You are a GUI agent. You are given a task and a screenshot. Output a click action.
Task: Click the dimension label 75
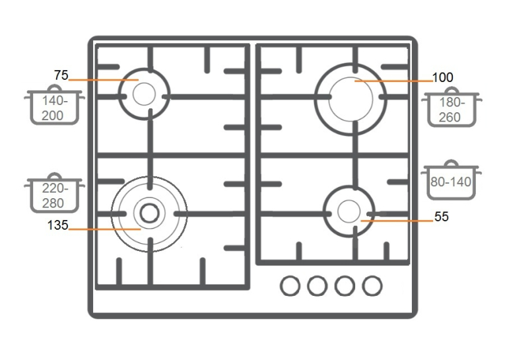pos(61,75)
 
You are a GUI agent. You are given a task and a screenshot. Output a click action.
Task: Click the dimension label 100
pos(442,78)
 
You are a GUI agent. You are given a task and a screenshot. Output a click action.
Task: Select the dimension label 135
pos(57,225)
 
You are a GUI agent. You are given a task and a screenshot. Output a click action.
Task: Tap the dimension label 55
pos(441,217)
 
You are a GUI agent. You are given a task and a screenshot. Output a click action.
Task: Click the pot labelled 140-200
pos(54,105)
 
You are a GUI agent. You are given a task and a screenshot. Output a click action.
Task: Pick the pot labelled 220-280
pos(54,193)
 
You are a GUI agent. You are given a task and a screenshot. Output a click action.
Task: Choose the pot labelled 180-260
pos(452,106)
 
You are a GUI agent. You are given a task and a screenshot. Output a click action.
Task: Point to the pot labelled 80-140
pos(452,180)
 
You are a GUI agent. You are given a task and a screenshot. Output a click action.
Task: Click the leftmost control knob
pos(290,285)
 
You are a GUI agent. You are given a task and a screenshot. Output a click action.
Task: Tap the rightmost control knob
pos(372,285)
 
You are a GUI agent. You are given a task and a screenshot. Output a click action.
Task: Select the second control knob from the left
pos(318,285)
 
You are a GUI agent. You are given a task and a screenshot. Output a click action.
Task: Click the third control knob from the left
pos(345,285)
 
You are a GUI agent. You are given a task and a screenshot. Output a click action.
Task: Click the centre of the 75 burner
pos(144,94)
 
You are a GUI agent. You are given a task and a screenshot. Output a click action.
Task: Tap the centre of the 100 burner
pos(351,99)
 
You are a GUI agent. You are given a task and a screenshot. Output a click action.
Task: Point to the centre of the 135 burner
pos(149,213)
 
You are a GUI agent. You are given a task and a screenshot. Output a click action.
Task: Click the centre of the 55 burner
pos(349,211)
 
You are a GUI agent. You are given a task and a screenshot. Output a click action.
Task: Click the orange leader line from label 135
pos(105,229)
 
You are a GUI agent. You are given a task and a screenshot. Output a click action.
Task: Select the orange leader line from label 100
pos(394,81)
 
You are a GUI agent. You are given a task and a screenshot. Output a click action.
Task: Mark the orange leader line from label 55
pos(397,221)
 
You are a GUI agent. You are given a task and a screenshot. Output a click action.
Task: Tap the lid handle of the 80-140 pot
pos(452,162)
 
